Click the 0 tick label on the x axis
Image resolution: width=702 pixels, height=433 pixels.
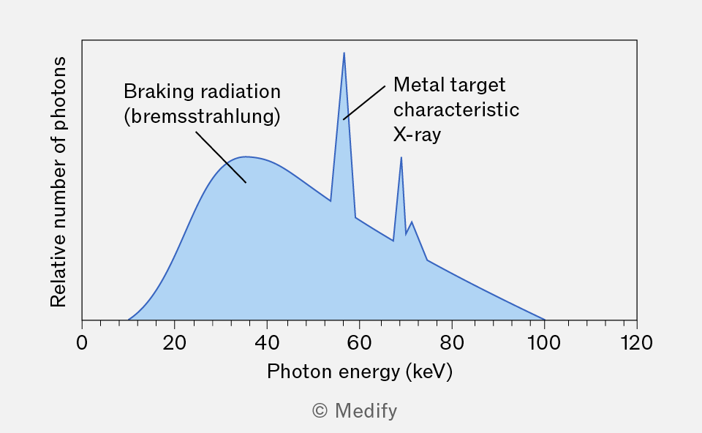(82, 343)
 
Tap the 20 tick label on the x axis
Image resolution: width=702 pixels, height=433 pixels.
(174, 343)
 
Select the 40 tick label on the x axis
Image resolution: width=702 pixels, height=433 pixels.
(267, 343)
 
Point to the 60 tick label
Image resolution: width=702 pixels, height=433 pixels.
(359, 343)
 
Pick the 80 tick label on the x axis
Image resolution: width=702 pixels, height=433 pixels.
(452, 343)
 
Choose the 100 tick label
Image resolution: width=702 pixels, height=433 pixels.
(544, 343)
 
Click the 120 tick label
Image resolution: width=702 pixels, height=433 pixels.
(636, 343)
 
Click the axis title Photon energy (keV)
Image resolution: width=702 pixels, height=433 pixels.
(360, 372)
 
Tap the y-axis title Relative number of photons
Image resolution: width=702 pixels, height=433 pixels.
(58, 182)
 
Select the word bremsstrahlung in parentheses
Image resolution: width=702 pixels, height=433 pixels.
(202, 116)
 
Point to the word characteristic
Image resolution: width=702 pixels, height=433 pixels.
(456, 110)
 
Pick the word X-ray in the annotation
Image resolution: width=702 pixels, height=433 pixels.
(418, 135)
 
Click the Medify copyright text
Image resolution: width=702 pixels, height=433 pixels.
(355, 410)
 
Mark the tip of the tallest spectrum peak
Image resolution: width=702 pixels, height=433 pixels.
(344, 53)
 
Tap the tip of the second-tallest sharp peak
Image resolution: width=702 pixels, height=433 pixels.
(401, 157)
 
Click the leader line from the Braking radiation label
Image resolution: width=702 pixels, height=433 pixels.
(221, 157)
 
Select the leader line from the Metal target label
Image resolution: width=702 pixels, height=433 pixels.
(364, 102)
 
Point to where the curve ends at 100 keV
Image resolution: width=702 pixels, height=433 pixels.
(544, 320)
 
